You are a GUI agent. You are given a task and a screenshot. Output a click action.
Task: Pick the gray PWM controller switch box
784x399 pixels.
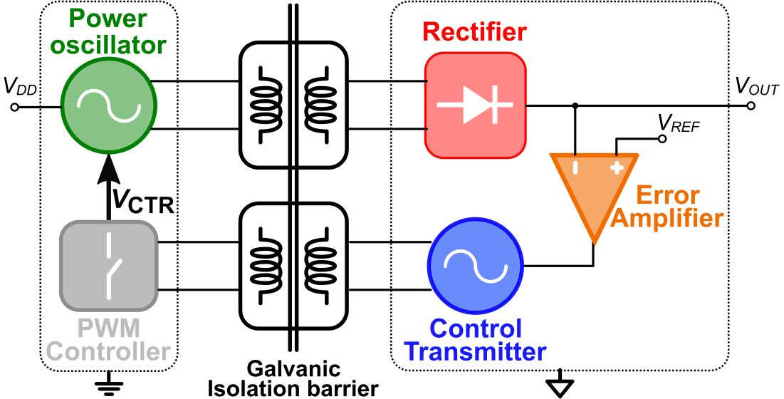coord(108,266)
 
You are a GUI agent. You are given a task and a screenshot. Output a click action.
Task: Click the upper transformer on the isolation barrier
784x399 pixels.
coord(293,104)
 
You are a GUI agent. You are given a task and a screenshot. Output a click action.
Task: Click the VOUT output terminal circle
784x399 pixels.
coord(752,105)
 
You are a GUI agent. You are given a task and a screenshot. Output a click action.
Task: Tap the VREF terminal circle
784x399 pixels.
coord(662,139)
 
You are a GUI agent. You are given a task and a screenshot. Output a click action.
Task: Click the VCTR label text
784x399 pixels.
coord(142,201)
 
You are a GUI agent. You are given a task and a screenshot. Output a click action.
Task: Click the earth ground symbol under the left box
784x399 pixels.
coord(108,383)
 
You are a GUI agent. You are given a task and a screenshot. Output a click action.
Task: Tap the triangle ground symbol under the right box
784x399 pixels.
coord(560,386)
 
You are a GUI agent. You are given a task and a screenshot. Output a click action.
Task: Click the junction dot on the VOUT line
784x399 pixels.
coord(575,105)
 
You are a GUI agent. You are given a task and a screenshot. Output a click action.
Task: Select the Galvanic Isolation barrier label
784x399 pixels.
coord(293,378)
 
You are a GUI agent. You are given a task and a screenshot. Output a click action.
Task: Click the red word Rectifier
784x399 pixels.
coord(474,32)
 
